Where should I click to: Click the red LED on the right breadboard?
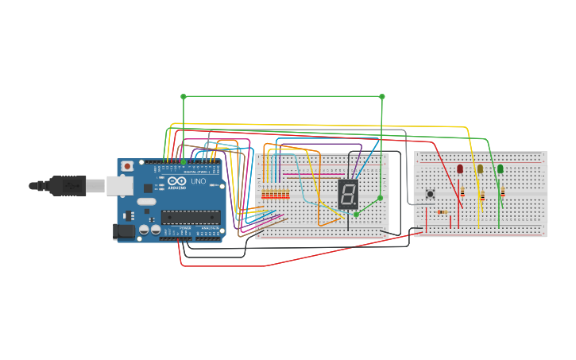pyautogui.click(x=460, y=168)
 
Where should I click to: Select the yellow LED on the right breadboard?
pyautogui.click(x=480, y=168)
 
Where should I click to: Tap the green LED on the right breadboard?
pyautogui.click(x=500, y=168)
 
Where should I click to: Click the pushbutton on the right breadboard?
pyautogui.click(x=431, y=194)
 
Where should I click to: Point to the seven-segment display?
pyautogui.click(x=348, y=193)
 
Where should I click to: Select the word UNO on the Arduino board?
pyautogui.click(x=198, y=181)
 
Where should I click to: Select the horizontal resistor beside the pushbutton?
pyautogui.click(x=442, y=211)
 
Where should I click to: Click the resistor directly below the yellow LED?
pyautogui.click(x=482, y=196)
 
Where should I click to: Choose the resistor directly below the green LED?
pyautogui.click(x=502, y=191)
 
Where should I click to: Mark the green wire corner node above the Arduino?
pyautogui.click(x=184, y=97)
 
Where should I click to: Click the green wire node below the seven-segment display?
pyautogui.click(x=356, y=215)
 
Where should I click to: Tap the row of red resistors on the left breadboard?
pyautogui.click(x=275, y=194)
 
